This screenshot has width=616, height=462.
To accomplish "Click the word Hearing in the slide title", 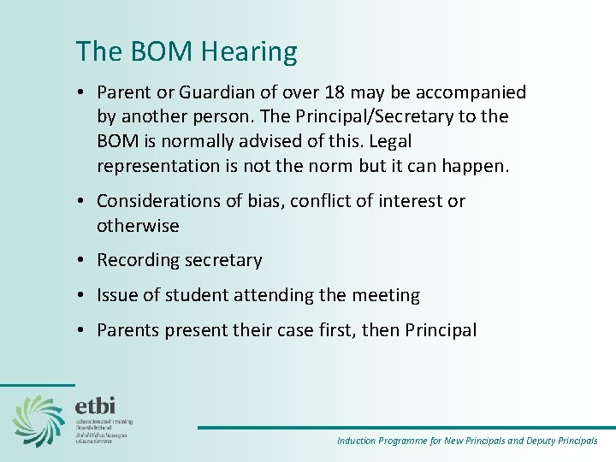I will point(250,53).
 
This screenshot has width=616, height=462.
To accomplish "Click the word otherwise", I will point(138,226).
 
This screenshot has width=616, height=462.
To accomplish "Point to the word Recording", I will point(137,260).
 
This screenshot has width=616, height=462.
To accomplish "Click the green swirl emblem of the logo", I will point(38,421).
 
